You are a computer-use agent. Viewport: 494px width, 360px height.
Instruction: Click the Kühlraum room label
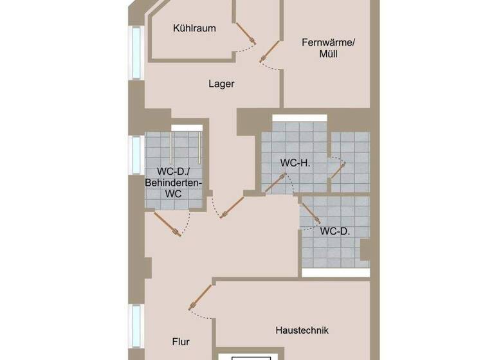pyautogui.click(x=194, y=28)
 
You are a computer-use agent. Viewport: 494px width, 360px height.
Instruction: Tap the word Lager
pyautogui.click(x=221, y=84)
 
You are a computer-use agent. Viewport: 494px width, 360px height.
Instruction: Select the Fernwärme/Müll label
pyautogui.click(x=328, y=49)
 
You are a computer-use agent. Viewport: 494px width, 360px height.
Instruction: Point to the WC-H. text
pyautogui.click(x=295, y=163)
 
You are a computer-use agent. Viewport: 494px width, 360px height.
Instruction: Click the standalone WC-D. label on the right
pyautogui.click(x=334, y=231)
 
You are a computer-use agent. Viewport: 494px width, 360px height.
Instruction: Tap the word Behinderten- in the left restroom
pyautogui.click(x=173, y=183)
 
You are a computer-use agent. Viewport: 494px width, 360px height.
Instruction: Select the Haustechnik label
pyautogui.click(x=302, y=330)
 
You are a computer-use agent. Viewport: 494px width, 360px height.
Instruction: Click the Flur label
pyautogui.click(x=181, y=342)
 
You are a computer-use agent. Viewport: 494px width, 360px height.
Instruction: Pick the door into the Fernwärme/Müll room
pyautogui.click(x=270, y=52)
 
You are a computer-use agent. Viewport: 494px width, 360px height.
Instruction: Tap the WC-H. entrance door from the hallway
pyautogui.click(x=275, y=183)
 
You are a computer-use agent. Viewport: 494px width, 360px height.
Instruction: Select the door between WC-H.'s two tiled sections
pyautogui.click(x=338, y=170)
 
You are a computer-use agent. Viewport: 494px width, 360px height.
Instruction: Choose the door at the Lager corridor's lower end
pyautogui.click(x=232, y=206)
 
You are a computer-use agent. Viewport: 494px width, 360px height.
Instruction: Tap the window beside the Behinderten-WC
pyautogui.click(x=136, y=155)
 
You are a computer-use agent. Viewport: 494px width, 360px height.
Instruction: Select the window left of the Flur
pyautogui.click(x=136, y=325)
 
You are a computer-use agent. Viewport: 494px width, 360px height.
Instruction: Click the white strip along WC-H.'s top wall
pyautogui.click(x=299, y=118)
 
